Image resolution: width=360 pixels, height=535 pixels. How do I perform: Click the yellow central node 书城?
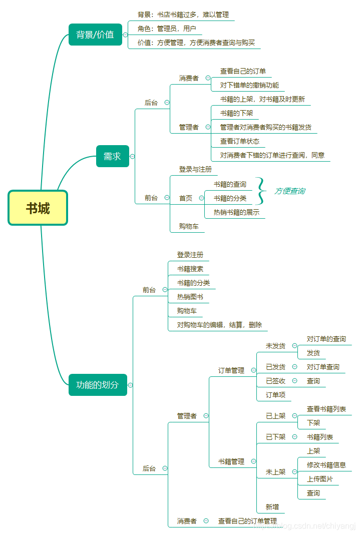pyautogui.click(x=38, y=208)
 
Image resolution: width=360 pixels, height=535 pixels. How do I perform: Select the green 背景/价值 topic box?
pyautogui.click(x=95, y=35)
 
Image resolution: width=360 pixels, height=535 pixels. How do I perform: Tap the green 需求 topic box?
pyautogui.click(x=112, y=156)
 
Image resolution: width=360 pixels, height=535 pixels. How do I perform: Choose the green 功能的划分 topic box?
pyautogui.click(x=98, y=385)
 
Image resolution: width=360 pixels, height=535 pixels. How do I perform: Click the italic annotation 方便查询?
pyautogui.click(x=289, y=191)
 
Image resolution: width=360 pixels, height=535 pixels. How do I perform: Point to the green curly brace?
pyautogui.click(x=260, y=191)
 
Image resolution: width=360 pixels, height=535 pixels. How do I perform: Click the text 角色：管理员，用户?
pyautogui.click(x=167, y=29)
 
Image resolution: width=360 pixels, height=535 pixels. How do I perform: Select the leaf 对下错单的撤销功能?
pyautogui.click(x=249, y=85)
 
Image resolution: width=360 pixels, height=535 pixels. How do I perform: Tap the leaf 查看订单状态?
pyautogui.click(x=240, y=141)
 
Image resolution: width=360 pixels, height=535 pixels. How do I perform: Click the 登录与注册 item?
pyautogui.click(x=195, y=170)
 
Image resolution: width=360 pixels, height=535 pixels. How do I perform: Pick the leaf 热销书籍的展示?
pyautogui.click(x=236, y=212)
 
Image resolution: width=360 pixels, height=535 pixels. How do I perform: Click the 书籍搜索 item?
pyautogui.click(x=190, y=269)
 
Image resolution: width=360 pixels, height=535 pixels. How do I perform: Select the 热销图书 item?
pyautogui.click(x=190, y=297)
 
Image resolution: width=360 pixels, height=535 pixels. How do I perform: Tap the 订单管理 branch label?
pyautogui.click(x=231, y=370)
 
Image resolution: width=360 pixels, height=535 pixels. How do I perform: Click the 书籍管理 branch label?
pyautogui.click(x=231, y=461)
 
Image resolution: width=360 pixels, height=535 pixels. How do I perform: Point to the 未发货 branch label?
pyautogui.click(x=275, y=346)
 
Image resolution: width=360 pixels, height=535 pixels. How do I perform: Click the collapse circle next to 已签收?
pyautogui.click(x=295, y=381)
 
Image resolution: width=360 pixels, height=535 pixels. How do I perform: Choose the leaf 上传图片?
pyautogui.click(x=320, y=479)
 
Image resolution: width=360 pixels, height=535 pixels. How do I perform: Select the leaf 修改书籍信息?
pyautogui.click(x=326, y=465)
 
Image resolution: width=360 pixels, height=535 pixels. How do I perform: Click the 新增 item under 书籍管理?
pyautogui.click(x=272, y=507)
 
